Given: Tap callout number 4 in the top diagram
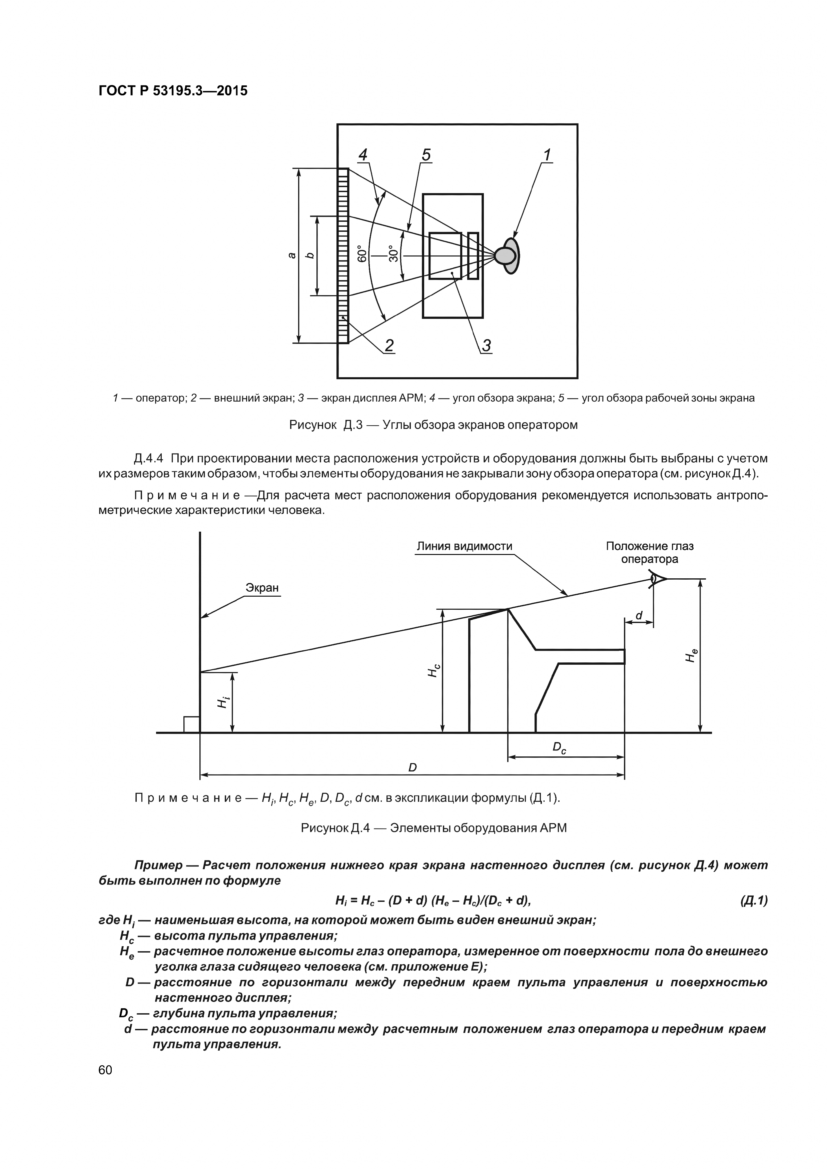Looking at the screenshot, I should [x=363, y=154].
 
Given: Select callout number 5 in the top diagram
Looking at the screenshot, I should [x=426, y=154].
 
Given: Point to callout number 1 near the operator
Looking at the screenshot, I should [x=547, y=154].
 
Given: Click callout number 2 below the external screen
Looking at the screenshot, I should [x=389, y=346].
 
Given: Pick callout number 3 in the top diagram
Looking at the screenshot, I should [x=486, y=346].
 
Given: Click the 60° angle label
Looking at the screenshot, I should [x=362, y=253].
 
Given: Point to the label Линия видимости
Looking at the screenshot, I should [x=464, y=546].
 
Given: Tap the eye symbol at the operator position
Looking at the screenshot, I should [x=656, y=579].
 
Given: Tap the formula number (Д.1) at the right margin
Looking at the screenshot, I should [x=753, y=901].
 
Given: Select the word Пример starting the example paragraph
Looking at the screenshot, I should [x=158, y=865].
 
